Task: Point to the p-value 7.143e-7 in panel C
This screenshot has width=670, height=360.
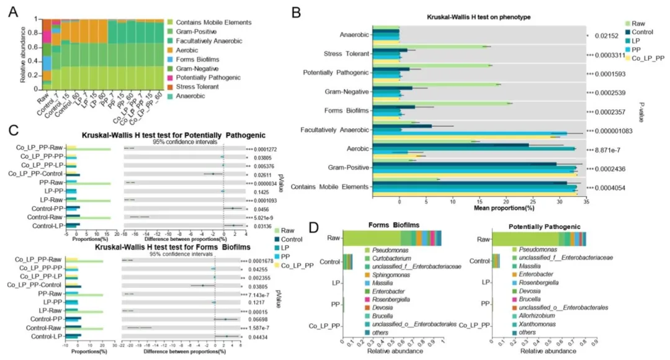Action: [x=264, y=294]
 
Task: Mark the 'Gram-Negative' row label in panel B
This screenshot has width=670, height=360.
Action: [x=350, y=92]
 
